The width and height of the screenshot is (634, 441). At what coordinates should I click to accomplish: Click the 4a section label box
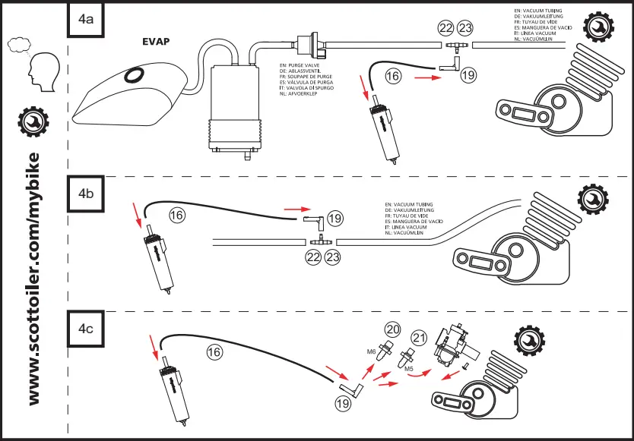(86, 20)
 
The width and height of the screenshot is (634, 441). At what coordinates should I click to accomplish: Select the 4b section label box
(86, 194)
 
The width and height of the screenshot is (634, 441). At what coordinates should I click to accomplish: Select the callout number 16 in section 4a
(392, 76)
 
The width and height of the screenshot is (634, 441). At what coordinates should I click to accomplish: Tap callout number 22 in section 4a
(446, 28)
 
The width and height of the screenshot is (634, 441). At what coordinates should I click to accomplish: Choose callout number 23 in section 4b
(332, 257)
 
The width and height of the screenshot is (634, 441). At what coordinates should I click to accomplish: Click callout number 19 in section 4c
(343, 405)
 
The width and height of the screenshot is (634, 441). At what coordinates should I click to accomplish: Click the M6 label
(372, 351)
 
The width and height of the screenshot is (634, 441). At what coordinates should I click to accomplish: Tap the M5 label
(408, 369)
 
